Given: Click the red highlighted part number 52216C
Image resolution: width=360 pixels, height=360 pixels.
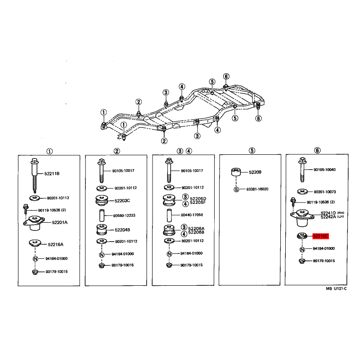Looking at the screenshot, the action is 320,236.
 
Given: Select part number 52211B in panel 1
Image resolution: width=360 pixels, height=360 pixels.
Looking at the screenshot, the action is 52,174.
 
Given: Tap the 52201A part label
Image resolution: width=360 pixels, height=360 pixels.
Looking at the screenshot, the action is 60,222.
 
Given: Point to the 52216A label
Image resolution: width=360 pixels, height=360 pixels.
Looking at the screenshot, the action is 55,244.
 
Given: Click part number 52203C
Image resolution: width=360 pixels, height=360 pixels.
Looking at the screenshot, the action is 122,201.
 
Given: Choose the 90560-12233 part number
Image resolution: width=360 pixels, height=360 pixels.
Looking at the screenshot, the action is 124,216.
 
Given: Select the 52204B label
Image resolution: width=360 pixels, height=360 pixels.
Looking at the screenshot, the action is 122,230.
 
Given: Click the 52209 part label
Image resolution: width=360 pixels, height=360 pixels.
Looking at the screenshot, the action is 255,172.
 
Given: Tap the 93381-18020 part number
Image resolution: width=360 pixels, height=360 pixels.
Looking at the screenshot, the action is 257,189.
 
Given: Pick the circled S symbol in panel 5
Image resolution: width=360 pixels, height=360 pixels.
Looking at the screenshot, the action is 236,189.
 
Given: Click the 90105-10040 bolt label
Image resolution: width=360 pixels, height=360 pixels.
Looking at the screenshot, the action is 324,170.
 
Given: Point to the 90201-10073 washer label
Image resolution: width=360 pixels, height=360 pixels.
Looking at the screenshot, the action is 324,192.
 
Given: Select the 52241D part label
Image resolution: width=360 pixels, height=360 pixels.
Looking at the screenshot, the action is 328,213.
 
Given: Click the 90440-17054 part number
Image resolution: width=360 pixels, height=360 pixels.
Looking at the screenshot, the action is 192,215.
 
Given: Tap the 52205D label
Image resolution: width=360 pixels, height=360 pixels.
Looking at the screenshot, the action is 198,198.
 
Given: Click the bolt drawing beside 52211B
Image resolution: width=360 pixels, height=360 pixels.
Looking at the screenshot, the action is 35,175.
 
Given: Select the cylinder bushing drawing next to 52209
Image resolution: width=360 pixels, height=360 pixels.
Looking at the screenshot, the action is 236,172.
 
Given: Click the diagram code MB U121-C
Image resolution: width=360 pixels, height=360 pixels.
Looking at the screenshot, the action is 336,288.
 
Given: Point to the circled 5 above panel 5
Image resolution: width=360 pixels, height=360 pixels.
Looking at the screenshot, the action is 252,151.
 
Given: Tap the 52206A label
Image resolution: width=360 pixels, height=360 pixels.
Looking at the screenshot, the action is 196,228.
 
